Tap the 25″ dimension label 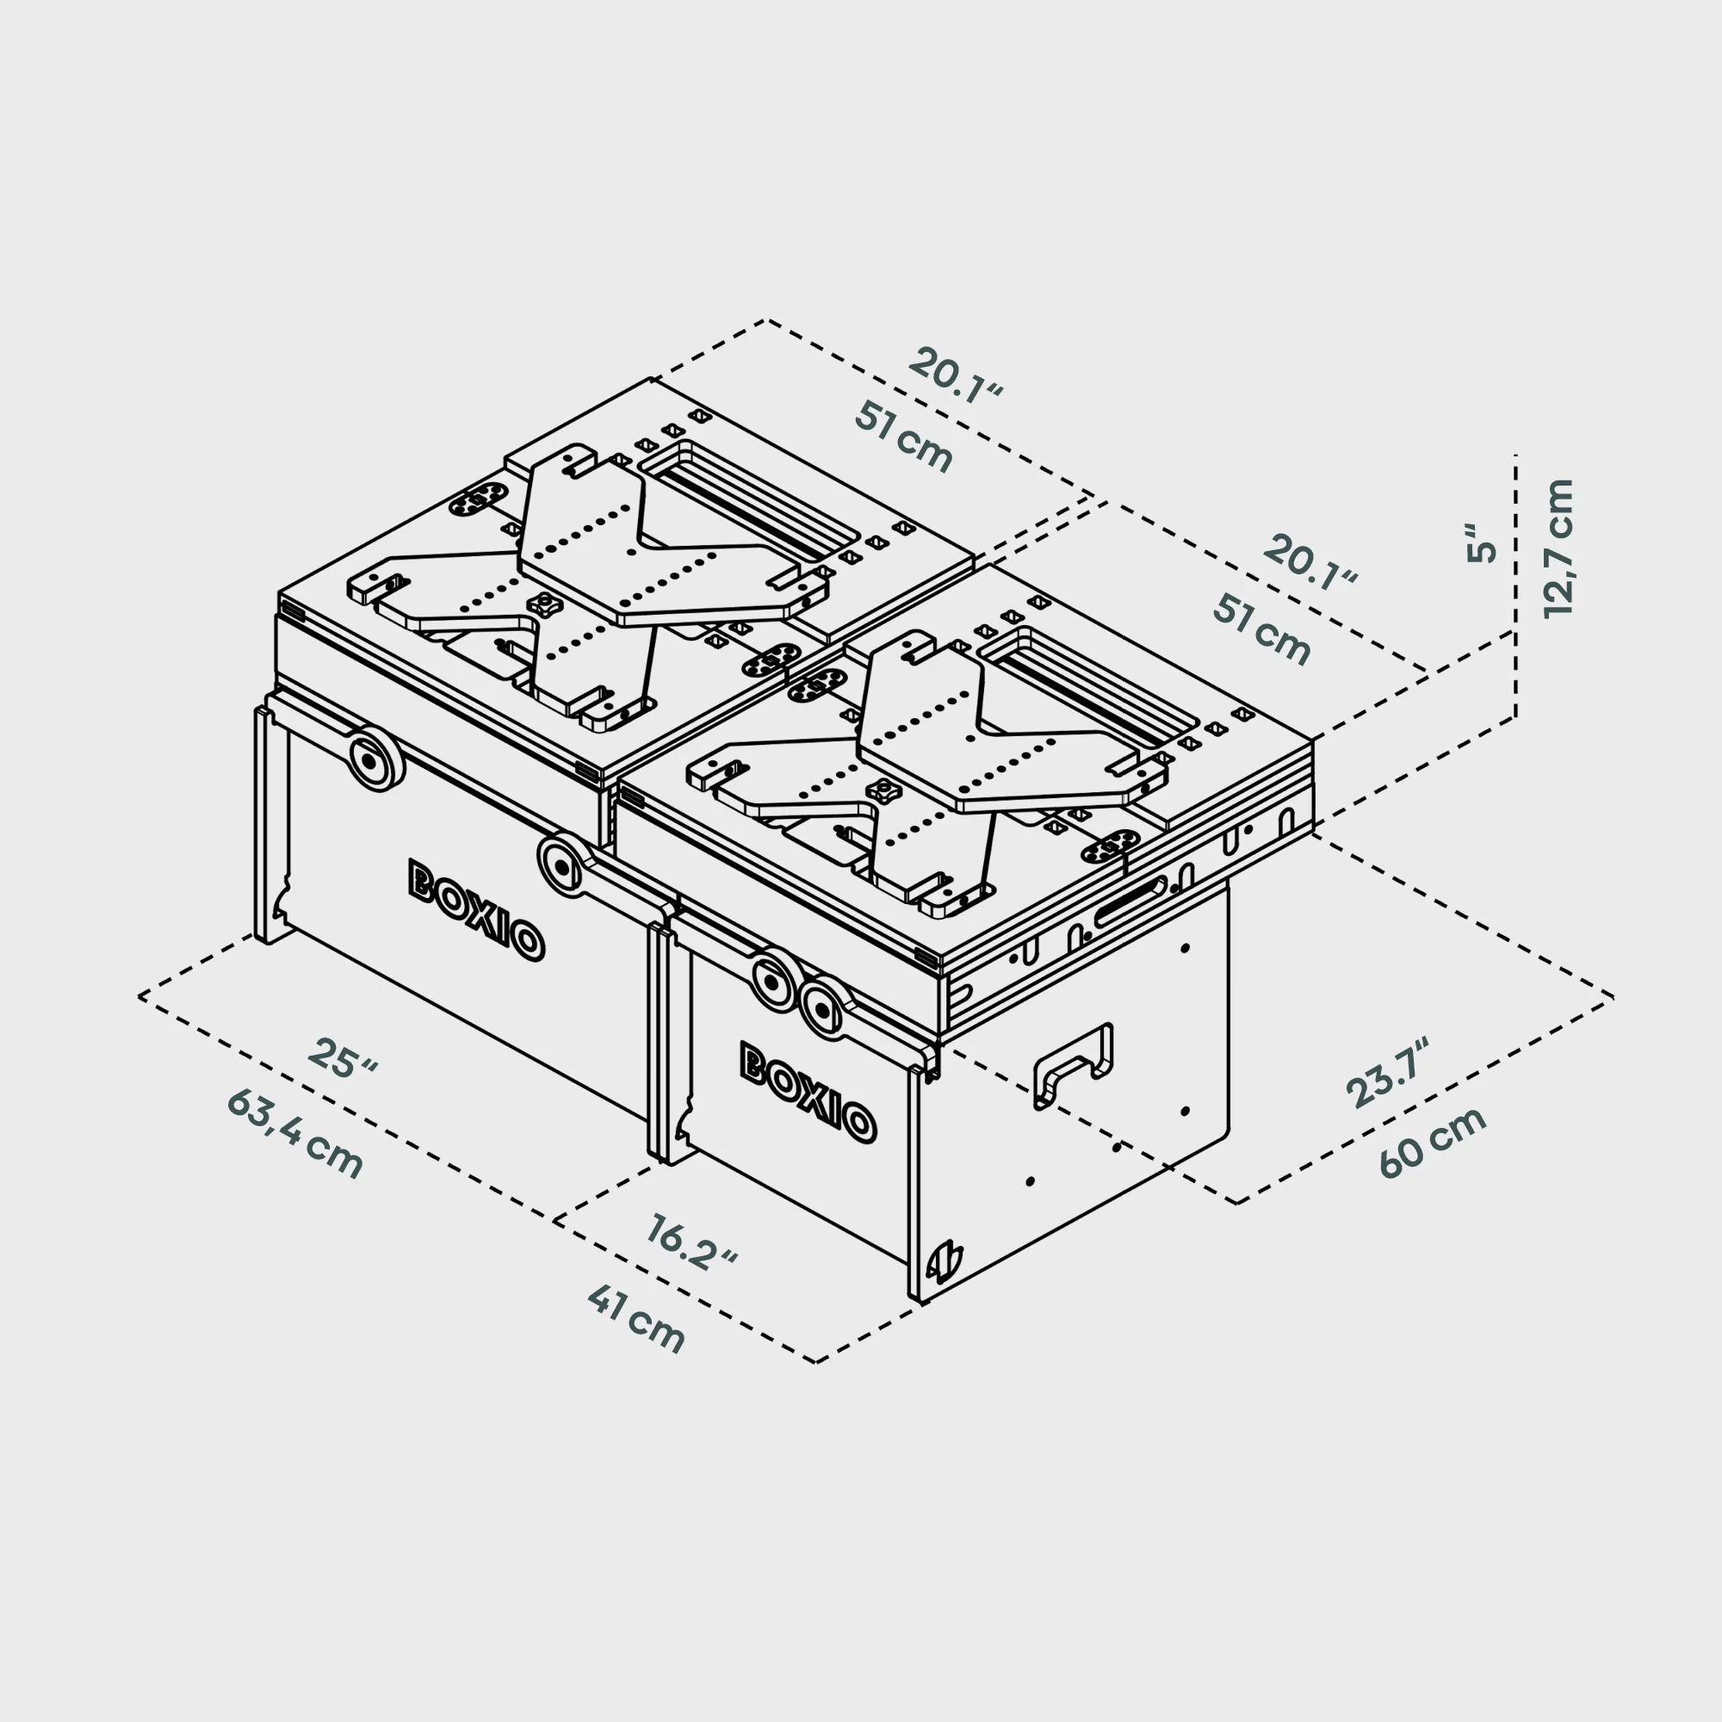tap(344, 1057)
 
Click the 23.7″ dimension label tap(1387, 1073)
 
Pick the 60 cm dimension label tap(1433, 1143)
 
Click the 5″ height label tap(1483, 541)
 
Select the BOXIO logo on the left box tap(476, 910)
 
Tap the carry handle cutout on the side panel tap(1073, 1065)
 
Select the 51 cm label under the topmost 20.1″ tap(904, 437)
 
